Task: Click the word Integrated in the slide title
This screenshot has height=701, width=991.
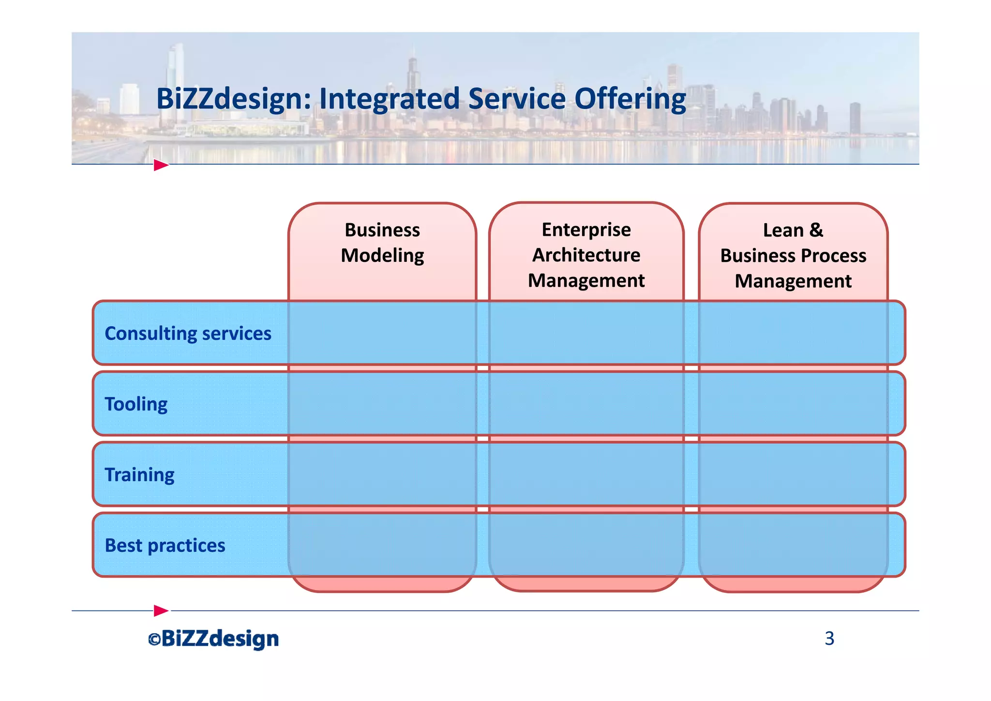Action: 389,99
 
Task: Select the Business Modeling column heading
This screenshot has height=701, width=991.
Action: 382,243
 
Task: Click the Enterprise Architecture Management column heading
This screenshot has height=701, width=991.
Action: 586,255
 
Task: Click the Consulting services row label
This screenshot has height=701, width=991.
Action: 188,334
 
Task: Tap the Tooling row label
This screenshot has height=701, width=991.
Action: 136,404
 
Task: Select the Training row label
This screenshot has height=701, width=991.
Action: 139,475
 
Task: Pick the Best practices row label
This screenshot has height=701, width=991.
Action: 165,546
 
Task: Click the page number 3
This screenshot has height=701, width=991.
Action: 829,639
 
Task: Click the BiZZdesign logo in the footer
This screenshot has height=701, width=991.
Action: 220,639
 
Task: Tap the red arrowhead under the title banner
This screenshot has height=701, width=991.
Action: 161,165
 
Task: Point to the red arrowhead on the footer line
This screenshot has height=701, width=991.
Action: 161,610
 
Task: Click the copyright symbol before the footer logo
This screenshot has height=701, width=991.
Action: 154,640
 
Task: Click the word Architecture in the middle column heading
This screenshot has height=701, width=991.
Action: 586,255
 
